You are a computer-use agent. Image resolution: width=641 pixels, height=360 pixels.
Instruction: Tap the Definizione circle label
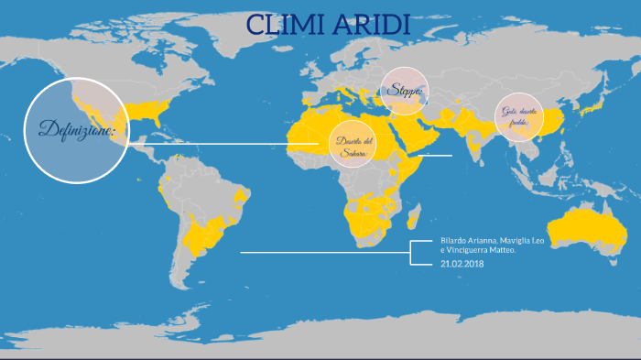pyautogui.click(x=76, y=130)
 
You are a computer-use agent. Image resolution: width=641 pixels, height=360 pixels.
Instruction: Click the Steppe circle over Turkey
pyautogui.click(x=404, y=91)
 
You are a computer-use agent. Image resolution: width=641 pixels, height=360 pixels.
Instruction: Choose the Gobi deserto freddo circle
pyautogui.click(x=519, y=116)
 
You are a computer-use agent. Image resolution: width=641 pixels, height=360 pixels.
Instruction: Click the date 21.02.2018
pyautogui.click(x=462, y=264)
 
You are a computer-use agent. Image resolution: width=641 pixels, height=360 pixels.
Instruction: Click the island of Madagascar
pyautogui.click(x=413, y=218)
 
